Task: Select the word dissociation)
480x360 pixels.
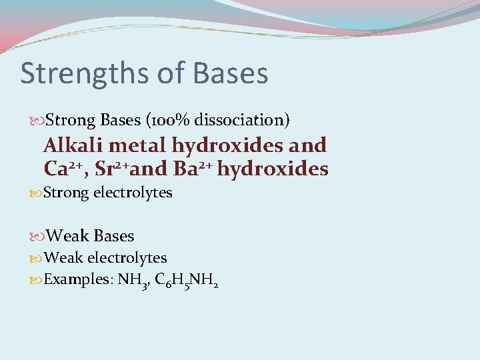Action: pos(242,120)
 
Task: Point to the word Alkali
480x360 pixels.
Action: pos(72,145)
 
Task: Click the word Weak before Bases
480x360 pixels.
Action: pos(69,236)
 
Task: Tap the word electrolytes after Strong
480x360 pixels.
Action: pos(133,193)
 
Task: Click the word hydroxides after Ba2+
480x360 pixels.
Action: pos(273,169)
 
